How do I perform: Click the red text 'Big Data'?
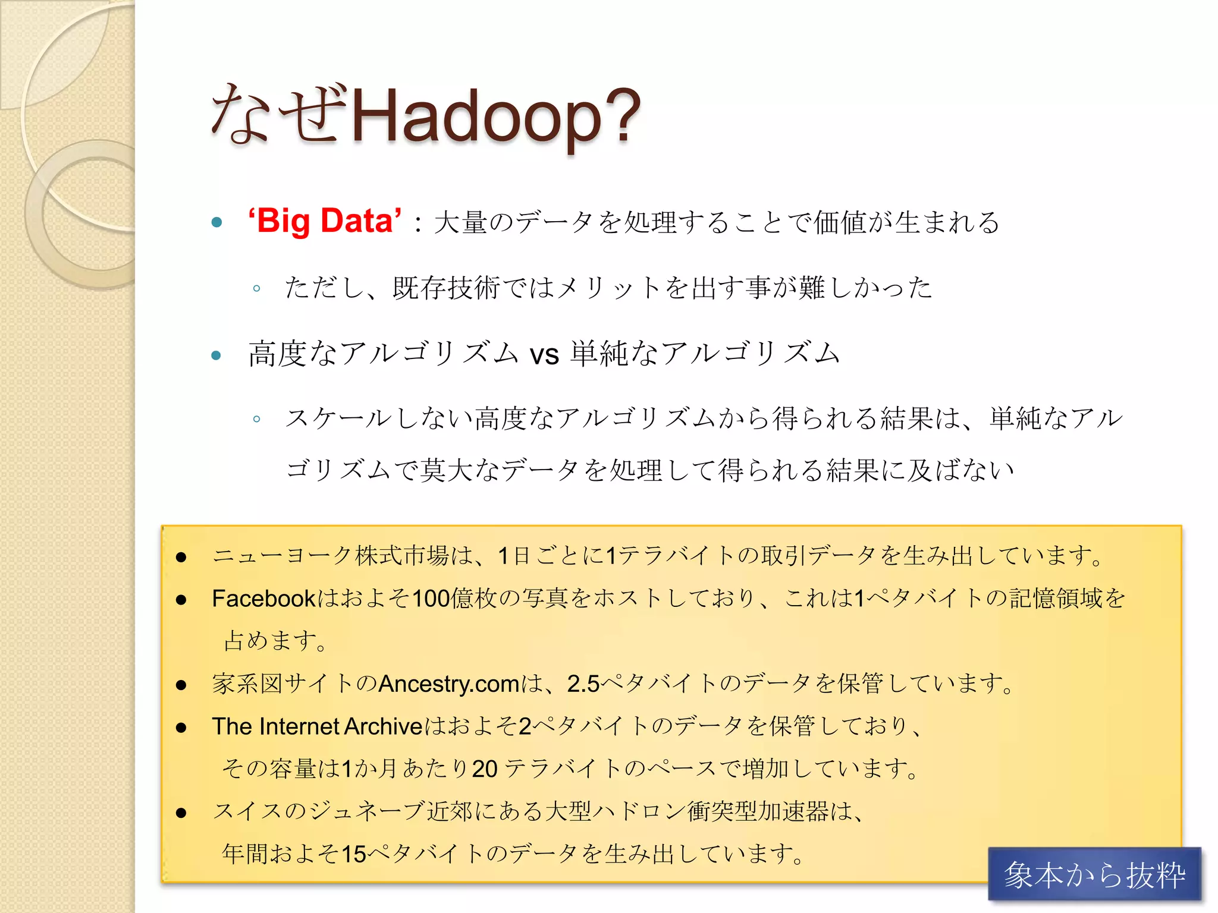click(325, 221)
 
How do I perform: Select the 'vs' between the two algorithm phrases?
click(544, 355)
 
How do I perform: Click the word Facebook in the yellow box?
click(263, 599)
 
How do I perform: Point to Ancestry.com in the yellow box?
click(449, 684)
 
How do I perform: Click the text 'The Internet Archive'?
click(317, 726)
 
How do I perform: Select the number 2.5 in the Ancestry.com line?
click(583, 684)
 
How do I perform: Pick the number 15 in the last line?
click(354, 854)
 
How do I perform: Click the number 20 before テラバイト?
click(485, 769)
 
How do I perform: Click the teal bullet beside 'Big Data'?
click(216, 223)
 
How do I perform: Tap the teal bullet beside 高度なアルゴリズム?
click(216, 356)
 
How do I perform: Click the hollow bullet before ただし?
click(256, 289)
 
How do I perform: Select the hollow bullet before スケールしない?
click(256, 419)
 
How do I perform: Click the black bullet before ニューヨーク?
click(181, 557)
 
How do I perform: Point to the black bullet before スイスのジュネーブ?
click(181, 813)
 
